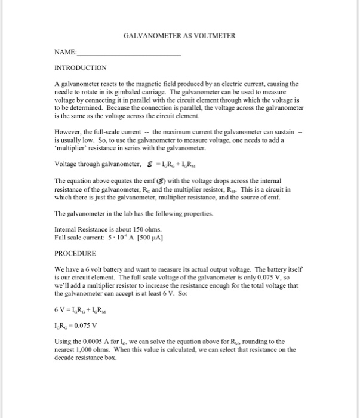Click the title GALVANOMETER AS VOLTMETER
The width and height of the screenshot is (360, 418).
pos(180,36)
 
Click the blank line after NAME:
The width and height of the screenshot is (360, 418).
pos(129,54)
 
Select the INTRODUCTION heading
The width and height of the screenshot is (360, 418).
pos(80,68)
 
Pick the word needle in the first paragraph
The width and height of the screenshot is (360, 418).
pos(64,94)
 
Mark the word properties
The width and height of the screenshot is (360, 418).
pos(156,213)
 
